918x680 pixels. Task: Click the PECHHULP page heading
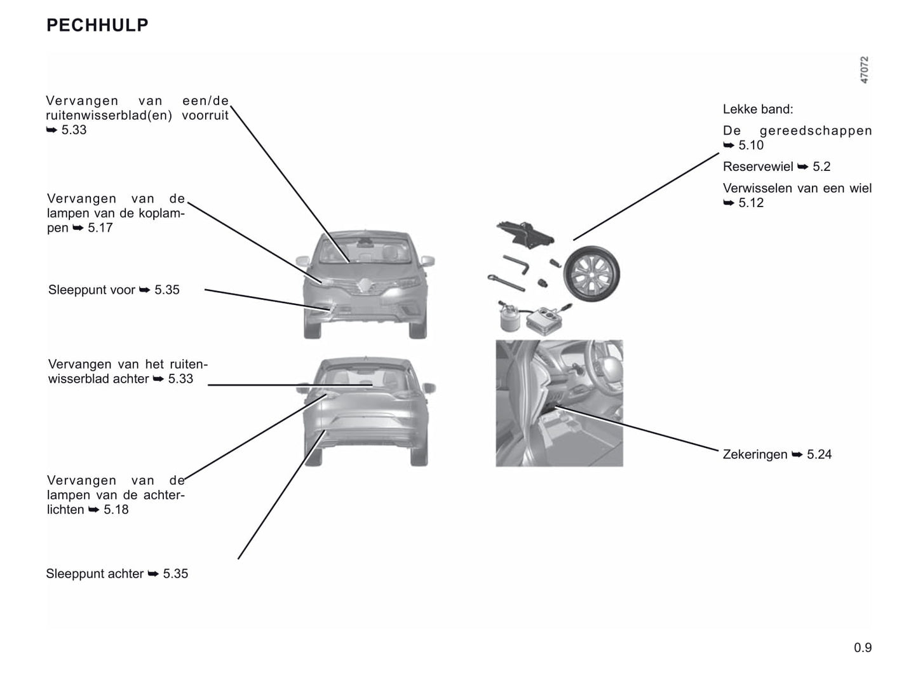click(97, 25)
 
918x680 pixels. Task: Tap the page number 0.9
click(863, 648)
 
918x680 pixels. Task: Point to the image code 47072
click(864, 70)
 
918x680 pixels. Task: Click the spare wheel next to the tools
click(591, 273)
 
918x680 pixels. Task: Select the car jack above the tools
click(525, 234)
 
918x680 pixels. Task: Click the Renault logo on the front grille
click(365, 285)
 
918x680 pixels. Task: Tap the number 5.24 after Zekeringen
click(819, 454)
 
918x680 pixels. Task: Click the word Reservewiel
click(758, 167)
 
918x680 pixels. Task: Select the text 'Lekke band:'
click(758, 109)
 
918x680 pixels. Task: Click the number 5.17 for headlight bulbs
click(100, 228)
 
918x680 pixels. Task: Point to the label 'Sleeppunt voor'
click(91, 290)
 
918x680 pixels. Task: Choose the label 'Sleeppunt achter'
click(95, 574)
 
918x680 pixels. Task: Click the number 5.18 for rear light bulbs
click(116, 510)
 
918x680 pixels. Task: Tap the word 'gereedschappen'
click(816, 131)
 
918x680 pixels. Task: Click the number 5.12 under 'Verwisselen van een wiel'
click(751, 203)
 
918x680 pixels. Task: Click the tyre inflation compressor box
click(546, 319)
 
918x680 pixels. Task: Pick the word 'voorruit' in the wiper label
click(205, 115)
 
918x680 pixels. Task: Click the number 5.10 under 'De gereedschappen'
click(751, 146)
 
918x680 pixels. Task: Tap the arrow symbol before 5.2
click(802, 167)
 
